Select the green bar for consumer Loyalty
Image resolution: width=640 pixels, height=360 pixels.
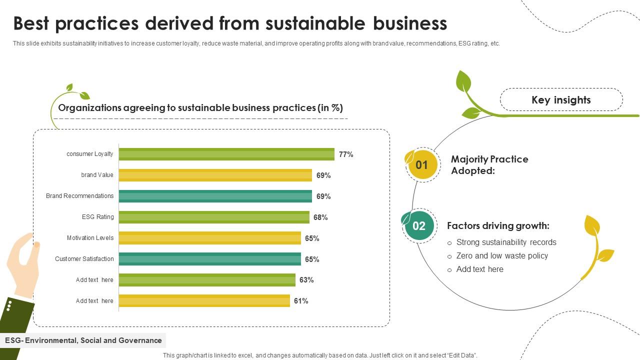(226, 154)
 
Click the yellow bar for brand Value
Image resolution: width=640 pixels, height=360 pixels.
(215, 175)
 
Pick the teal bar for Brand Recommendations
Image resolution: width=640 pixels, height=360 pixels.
(215, 196)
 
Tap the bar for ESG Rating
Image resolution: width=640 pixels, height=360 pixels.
(214, 217)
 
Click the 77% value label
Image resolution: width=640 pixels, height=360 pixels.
(346, 154)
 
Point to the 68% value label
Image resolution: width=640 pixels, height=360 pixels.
(320, 217)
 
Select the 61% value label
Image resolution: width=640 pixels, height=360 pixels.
(301, 301)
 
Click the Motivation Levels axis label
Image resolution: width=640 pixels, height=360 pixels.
(90, 238)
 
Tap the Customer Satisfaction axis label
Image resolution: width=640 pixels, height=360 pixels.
(84, 259)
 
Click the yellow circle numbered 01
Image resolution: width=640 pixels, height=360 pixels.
(422, 165)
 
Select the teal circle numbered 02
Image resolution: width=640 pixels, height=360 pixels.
(419, 226)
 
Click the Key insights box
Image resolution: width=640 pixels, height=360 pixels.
(561, 100)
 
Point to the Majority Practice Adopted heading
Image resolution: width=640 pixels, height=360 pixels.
(489, 165)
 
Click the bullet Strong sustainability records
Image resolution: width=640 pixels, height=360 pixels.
(506, 242)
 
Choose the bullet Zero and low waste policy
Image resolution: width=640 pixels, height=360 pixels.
(502, 256)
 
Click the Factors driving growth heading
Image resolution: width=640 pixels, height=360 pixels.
(498, 226)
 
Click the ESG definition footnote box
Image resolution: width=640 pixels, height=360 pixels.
(83, 340)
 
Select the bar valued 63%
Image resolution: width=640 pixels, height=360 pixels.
(207, 280)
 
